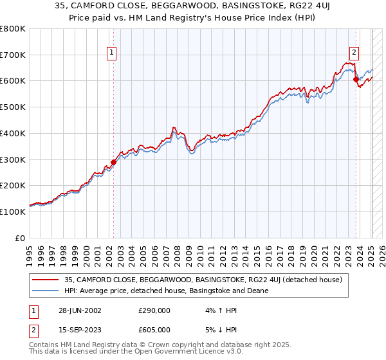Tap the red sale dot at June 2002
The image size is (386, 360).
coord(114,162)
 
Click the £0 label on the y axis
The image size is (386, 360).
coord(20,238)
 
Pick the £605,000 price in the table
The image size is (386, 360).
coord(154,329)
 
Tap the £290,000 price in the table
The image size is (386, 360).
coord(154,310)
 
